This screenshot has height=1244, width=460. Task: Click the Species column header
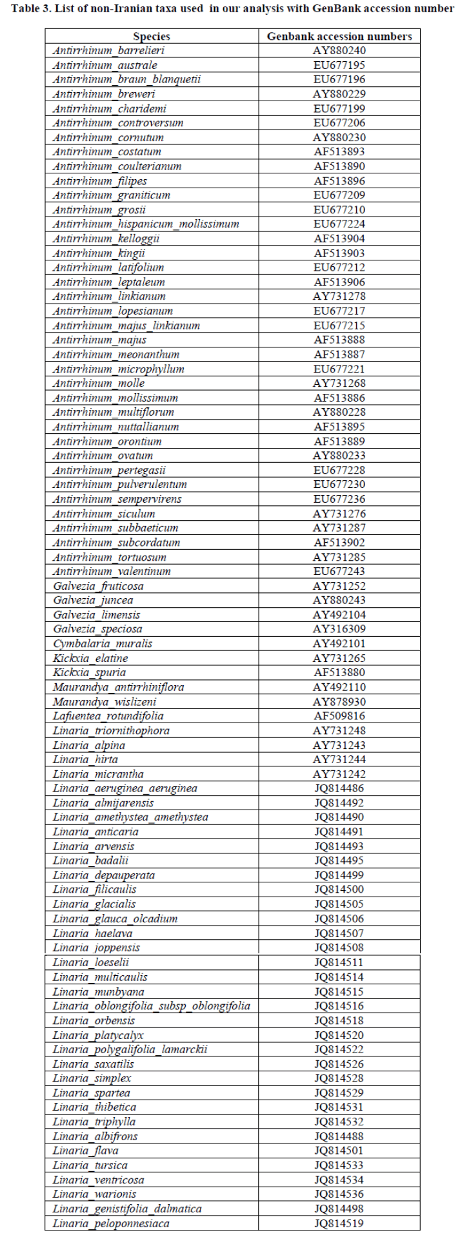point(152,37)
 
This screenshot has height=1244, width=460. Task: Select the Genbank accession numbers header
point(339,37)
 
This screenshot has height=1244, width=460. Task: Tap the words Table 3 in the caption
point(30,8)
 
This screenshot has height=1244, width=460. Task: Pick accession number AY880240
point(339,51)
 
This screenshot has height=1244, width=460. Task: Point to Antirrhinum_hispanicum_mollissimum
point(146,224)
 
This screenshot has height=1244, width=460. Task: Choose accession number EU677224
point(339,224)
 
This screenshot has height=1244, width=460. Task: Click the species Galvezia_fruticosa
point(99,586)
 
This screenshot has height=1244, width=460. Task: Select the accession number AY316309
point(339,629)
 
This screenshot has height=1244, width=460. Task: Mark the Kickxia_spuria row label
point(90,672)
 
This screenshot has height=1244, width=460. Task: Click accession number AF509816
point(339,716)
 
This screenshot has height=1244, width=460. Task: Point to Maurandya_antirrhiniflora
point(119,687)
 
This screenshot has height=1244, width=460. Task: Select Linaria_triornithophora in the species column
point(112,730)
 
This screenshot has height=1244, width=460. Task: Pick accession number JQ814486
point(339,788)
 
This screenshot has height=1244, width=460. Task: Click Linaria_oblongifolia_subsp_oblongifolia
point(152,1006)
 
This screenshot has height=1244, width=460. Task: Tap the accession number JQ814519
point(339,1224)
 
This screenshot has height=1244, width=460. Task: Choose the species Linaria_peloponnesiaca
point(112,1224)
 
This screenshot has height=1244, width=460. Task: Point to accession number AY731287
point(339,528)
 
